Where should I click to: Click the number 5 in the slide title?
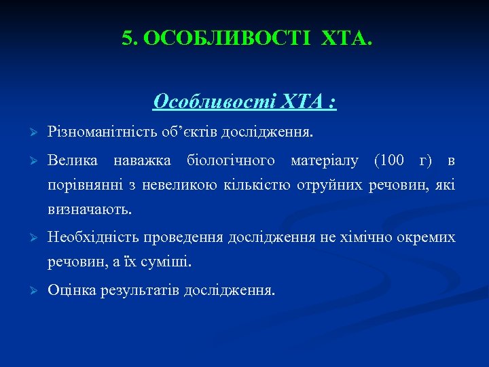click(x=127, y=39)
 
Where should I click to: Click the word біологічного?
click(x=232, y=161)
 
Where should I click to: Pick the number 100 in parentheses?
click(x=391, y=161)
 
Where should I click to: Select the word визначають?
click(x=90, y=209)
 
